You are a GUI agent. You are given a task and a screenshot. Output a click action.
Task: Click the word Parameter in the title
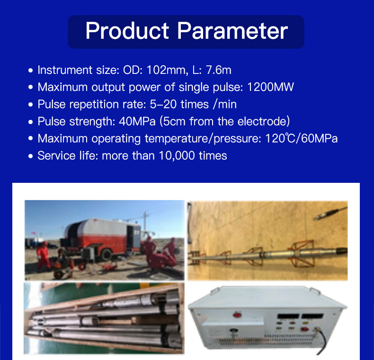tap(232, 31)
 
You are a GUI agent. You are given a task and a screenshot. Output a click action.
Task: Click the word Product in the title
tap(127, 31)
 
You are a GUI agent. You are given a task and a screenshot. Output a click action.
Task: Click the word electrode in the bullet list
tap(263, 122)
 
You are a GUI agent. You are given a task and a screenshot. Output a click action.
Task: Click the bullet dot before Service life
tap(31, 156)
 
